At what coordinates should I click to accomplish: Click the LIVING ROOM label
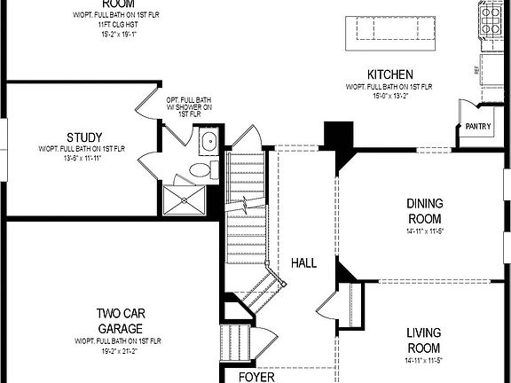tap(423, 340)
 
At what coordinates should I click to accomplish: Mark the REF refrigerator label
tap(477, 66)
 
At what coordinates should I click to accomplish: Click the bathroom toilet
tap(200, 169)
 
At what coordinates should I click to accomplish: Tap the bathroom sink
tap(208, 141)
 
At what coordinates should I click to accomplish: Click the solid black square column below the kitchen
tap(338, 137)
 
